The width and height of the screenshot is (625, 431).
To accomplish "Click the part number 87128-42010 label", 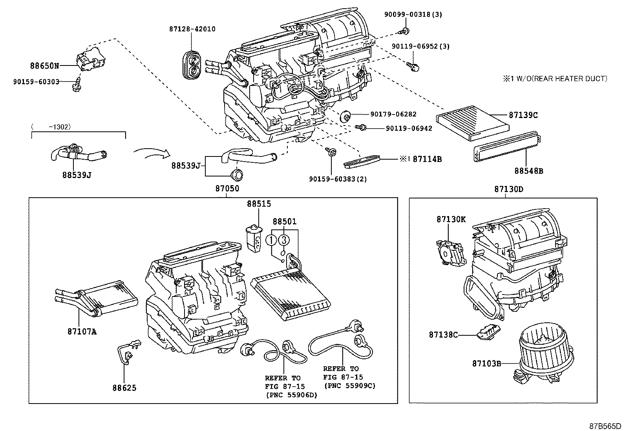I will (x=192, y=29).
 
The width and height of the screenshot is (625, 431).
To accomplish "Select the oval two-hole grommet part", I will (x=192, y=65).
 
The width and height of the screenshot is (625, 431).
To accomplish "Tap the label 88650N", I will (x=45, y=66).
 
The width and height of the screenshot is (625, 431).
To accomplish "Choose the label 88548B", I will (x=529, y=171).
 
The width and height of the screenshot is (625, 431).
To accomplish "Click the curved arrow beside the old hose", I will (x=151, y=154).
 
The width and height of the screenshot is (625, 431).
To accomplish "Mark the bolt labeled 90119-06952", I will (x=413, y=67).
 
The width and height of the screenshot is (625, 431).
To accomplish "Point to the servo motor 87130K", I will (x=449, y=254).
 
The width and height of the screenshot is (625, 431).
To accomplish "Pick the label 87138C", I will (x=443, y=335).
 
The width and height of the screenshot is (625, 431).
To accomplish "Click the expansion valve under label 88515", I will (x=254, y=237).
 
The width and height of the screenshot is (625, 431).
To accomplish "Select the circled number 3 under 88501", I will (x=284, y=240).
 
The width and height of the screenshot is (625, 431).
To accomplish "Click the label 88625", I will (x=124, y=388).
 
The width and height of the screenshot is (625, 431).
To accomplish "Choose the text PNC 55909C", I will (x=349, y=386).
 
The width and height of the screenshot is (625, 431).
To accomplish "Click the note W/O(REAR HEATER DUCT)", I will (x=558, y=79).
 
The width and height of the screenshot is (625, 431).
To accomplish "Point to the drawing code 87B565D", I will (x=605, y=426).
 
